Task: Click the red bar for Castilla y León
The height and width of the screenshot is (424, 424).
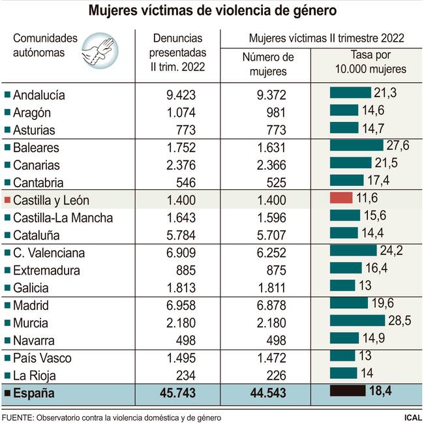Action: click(341, 198)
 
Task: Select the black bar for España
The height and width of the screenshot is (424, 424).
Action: click(348, 392)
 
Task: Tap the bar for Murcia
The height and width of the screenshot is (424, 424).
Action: click(357, 320)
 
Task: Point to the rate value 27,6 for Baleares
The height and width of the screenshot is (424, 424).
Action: click(397, 145)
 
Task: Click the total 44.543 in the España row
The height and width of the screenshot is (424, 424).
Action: click(268, 393)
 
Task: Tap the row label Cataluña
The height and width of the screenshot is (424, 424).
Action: click(39, 235)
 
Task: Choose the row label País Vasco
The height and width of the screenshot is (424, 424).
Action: click(42, 358)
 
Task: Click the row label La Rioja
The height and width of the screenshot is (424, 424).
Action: click(35, 375)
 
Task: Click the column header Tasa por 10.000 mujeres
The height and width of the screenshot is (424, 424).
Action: click(370, 62)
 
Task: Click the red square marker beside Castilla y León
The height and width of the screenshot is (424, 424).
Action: click(7, 200)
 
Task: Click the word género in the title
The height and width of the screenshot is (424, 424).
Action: click(310, 10)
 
